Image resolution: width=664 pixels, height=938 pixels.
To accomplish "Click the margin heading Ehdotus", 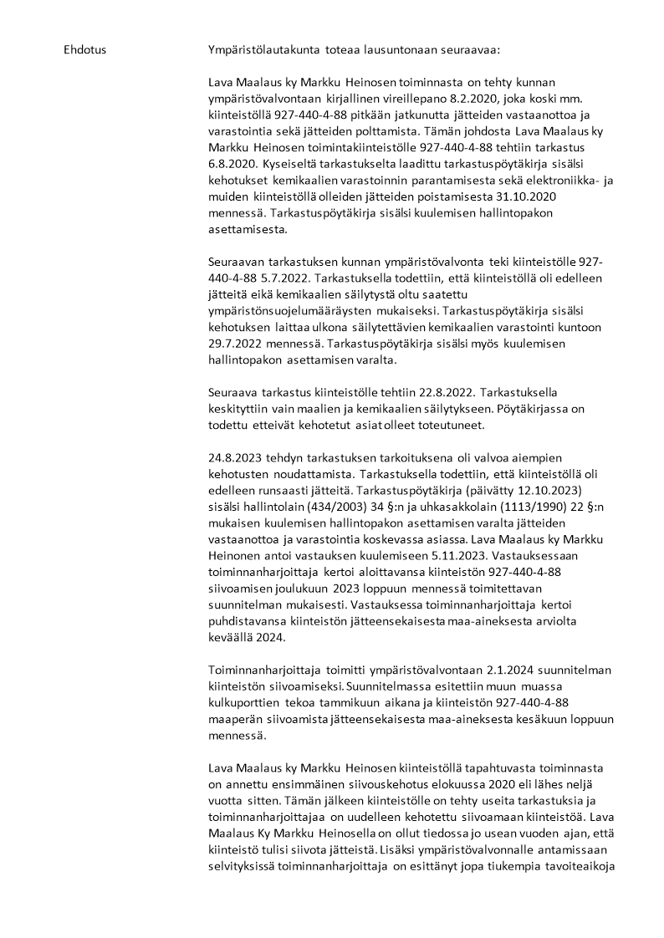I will point(84,50).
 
